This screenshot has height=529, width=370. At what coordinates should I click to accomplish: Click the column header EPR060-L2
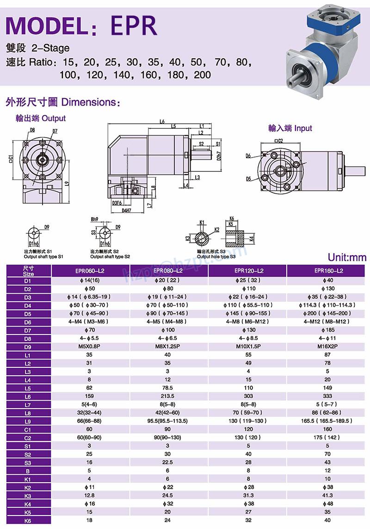coord(90,271)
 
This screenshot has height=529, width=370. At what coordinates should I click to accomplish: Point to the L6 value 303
coord(248,396)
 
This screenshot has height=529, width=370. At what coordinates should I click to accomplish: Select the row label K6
coord(28,521)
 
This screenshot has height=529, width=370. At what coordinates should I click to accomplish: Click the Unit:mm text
coord(347,258)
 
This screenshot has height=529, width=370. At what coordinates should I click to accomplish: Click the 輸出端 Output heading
coord(41,118)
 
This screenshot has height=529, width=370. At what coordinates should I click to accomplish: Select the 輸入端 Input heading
coord(290,128)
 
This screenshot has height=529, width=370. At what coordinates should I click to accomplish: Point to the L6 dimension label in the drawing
coord(162,122)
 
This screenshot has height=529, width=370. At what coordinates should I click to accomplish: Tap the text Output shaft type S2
coord(110,256)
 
